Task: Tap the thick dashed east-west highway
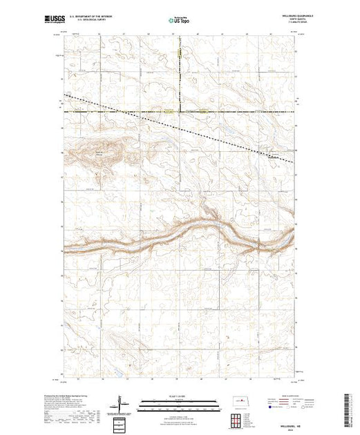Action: click(x=235, y=110)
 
